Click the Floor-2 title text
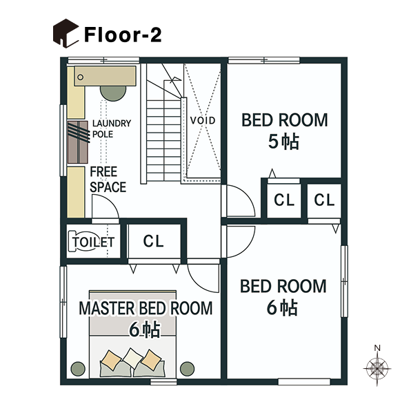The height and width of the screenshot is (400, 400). click(x=123, y=35)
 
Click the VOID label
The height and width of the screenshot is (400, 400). click(x=203, y=120)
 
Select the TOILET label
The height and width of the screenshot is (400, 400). click(x=91, y=242)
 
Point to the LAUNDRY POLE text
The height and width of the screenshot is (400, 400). click(x=111, y=128)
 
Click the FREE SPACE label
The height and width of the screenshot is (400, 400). click(x=108, y=180)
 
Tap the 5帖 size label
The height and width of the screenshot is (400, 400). click(x=283, y=142)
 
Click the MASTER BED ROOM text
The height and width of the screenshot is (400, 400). click(x=146, y=308)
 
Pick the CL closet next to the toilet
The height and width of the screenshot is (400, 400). click(x=154, y=242)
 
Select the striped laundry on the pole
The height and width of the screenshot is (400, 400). click(x=79, y=141)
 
